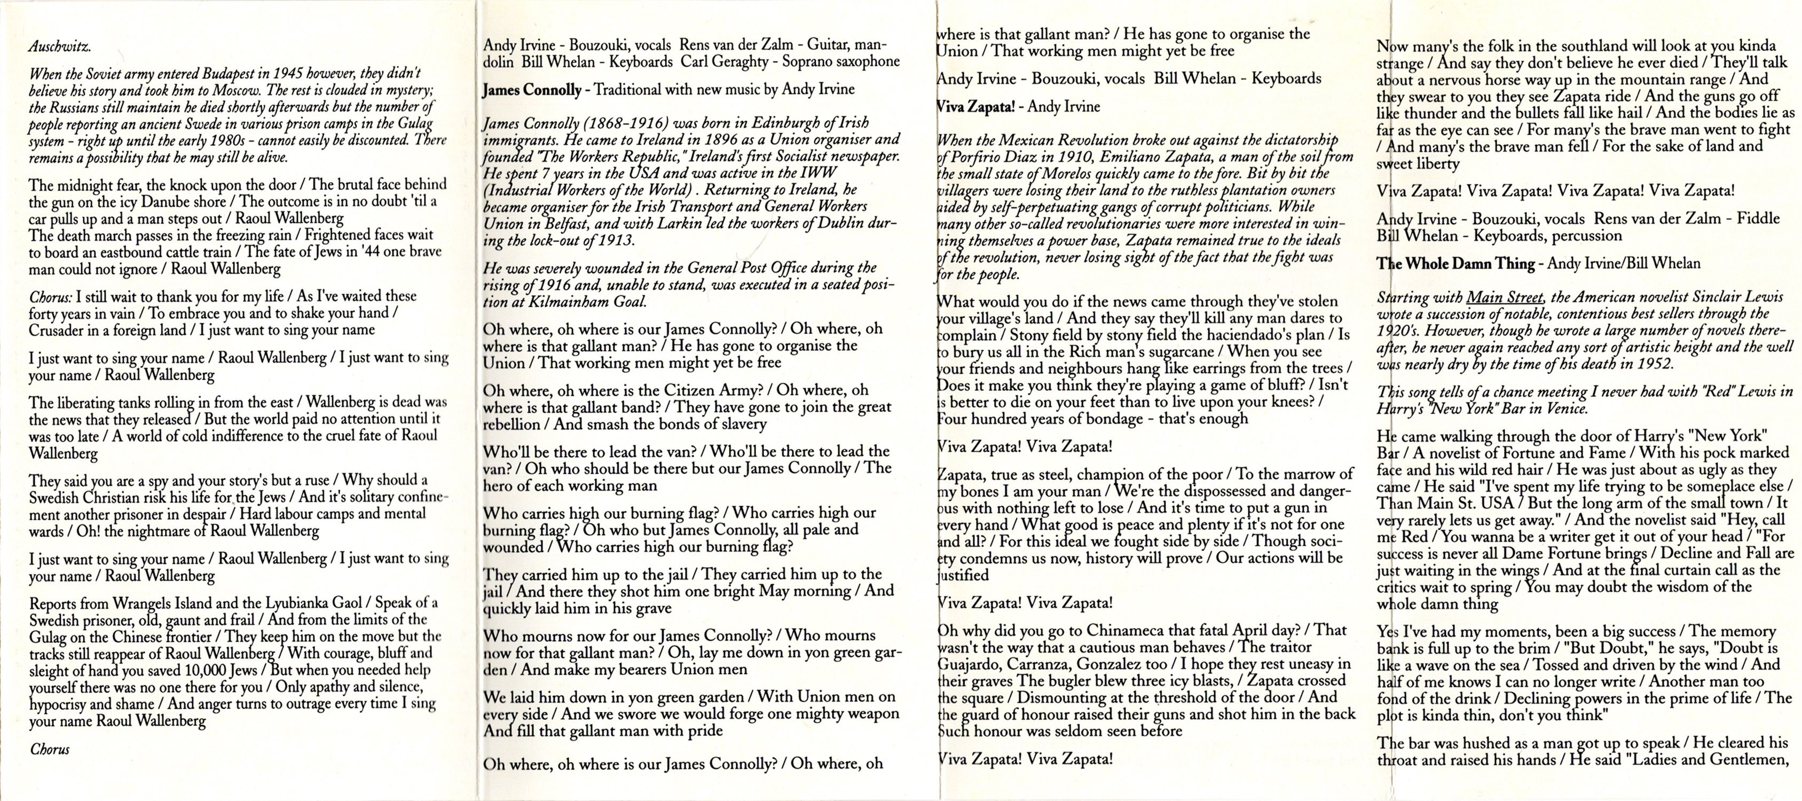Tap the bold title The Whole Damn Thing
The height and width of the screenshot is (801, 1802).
pos(1455,264)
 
